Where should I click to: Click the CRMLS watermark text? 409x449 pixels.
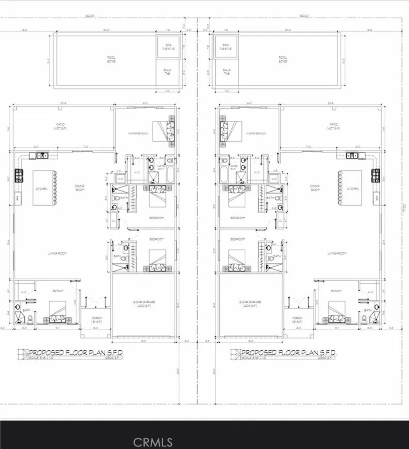point(153,442)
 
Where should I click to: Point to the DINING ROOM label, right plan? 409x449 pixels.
point(316,188)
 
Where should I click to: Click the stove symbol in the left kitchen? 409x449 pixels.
point(19,174)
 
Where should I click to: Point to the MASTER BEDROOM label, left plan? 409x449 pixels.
point(138,133)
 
